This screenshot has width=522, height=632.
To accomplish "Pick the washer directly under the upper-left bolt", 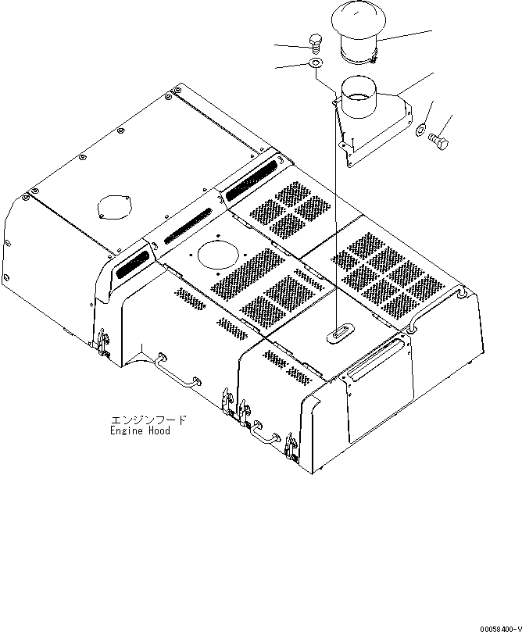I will click(316, 62).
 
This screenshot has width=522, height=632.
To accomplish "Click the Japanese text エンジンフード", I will click(148, 420).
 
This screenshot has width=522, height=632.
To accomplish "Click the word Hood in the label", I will click(159, 430).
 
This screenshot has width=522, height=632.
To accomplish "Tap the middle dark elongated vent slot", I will click(186, 228).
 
